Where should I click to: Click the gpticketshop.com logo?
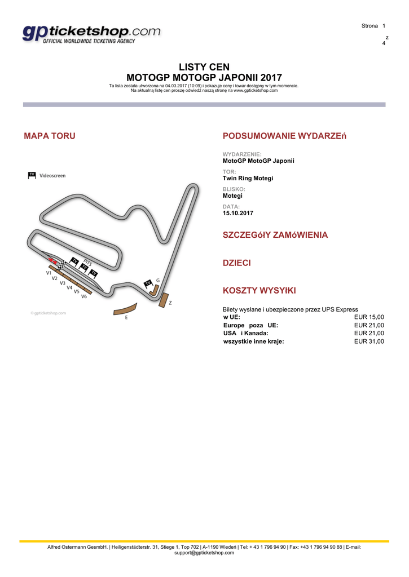click(x=91, y=34)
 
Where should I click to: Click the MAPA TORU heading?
click(x=50, y=136)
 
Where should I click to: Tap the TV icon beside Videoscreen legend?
click(x=32, y=175)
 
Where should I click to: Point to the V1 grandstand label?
click(x=49, y=272)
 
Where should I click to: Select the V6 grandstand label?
click(x=83, y=296)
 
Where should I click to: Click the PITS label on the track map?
click(x=87, y=262)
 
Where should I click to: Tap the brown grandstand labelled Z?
click(x=164, y=300)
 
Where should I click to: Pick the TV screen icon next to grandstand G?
click(x=148, y=283)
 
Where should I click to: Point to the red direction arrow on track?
click(x=52, y=260)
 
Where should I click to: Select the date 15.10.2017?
click(x=238, y=213)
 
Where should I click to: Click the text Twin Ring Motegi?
click(x=248, y=178)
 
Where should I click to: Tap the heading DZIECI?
click(x=237, y=263)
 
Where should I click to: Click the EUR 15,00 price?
click(x=369, y=317)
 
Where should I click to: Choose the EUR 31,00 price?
click(x=369, y=341)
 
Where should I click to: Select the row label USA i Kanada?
click(x=246, y=333)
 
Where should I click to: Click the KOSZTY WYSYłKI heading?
click(x=260, y=291)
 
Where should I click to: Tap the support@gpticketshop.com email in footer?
click(x=204, y=553)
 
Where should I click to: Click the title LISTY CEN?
click(x=204, y=67)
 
